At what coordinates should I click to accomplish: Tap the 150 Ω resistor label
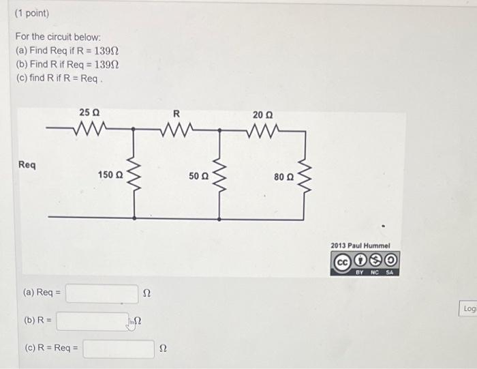point(110,175)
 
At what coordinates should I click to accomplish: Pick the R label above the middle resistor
point(176,113)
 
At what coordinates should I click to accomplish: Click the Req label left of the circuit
point(28,165)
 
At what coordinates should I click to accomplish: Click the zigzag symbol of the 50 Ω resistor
point(219,175)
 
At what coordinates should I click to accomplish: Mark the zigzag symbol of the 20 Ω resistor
point(262,128)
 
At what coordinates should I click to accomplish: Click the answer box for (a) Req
point(102,293)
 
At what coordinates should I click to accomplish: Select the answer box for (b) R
point(91,321)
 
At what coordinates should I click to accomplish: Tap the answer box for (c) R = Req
point(119,349)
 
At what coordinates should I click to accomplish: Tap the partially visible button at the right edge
point(470,309)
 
